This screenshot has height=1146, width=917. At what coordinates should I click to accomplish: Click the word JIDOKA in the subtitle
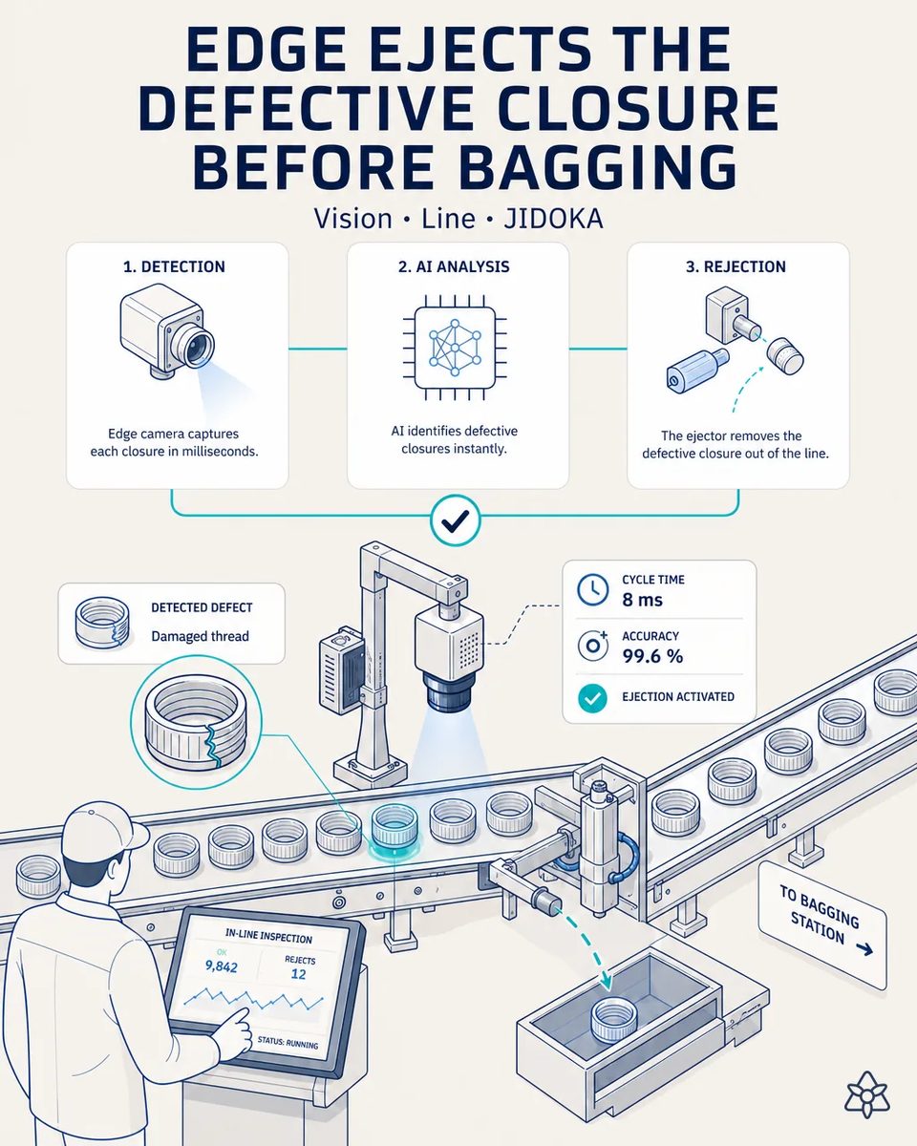pos(553,219)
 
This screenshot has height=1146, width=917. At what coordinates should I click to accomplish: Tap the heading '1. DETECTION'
pos(174,266)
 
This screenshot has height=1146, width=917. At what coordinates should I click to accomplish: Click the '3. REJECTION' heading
pos(736,266)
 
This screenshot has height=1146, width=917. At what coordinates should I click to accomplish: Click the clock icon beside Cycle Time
pos(592,589)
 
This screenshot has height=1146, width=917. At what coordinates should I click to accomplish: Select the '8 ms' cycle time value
pos(642,600)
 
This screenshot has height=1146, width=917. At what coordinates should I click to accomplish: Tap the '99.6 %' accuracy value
pos(652,656)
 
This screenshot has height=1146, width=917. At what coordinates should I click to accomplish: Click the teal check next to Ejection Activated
pos(592,698)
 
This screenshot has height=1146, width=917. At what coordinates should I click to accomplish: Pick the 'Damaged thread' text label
pos(200,636)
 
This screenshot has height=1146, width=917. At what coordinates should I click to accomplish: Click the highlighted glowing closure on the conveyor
pos(394,828)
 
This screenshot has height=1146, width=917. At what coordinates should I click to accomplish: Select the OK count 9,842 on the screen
pos(221,966)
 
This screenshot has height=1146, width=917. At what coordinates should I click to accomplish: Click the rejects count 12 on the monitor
pos(298,974)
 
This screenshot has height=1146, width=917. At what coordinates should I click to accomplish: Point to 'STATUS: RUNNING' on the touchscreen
pos(288,1041)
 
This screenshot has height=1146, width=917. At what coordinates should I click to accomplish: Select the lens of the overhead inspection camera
pos(448,692)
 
